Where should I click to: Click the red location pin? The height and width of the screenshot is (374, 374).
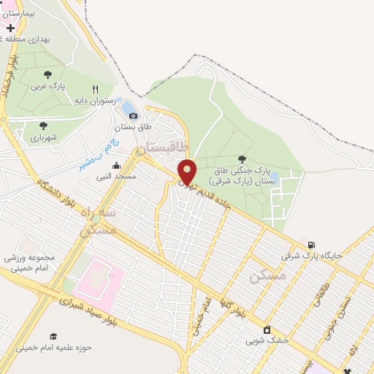coord(187,171)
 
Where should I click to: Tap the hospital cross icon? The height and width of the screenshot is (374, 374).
coord(10,27)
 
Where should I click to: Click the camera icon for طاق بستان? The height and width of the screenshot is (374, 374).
coord(133,115)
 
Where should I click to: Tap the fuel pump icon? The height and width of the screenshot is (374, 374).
coord(312,245)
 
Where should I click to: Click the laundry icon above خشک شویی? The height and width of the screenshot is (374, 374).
coord(267,329)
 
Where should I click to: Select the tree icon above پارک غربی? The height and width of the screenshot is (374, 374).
coord(47,75)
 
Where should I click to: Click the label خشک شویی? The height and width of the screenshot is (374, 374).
coord(267,340)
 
